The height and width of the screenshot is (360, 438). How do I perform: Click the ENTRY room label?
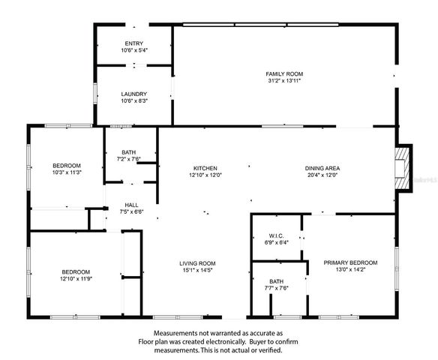(134, 44)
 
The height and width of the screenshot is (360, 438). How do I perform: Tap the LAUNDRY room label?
(134, 94)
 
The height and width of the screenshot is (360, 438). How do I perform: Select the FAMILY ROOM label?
(284, 73)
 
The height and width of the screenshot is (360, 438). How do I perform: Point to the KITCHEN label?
(205, 168)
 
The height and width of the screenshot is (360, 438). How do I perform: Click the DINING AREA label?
(322, 168)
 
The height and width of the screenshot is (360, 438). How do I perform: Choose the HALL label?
(131, 205)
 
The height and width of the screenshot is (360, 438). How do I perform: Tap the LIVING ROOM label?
(197, 263)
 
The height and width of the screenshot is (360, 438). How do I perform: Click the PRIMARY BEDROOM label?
(350, 262)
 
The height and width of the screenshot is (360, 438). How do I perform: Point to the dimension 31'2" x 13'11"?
(284, 80)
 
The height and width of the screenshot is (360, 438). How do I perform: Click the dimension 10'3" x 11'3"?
(67, 172)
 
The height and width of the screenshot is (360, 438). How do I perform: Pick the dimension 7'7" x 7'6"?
(278, 288)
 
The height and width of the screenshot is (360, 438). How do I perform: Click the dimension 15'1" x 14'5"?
(197, 270)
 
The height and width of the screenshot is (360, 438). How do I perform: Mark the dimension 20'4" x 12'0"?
(322, 175)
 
